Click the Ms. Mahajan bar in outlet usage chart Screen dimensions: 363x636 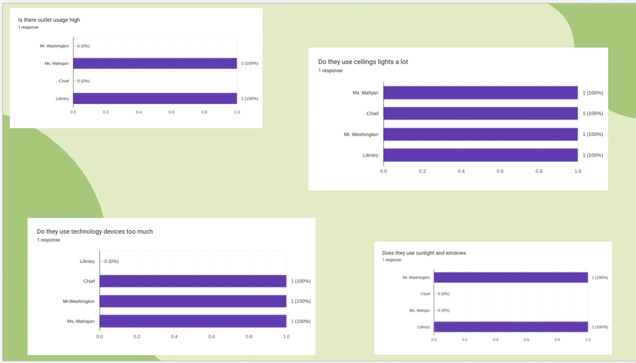pyautogui.click(x=155, y=63)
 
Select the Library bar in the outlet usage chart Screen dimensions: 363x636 pyautogui.click(x=155, y=98)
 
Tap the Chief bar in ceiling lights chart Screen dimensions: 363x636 pyautogui.click(x=480, y=113)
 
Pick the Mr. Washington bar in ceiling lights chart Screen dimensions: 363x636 pyautogui.click(x=480, y=134)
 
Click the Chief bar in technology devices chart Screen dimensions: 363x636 pyautogui.click(x=193, y=281)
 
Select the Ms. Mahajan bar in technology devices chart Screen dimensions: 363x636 pyautogui.click(x=193, y=321)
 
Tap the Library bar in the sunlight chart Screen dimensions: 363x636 pyautogui.click(x=511, y=327)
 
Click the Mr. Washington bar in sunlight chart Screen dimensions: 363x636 pyautogui.click(x=511, y=277)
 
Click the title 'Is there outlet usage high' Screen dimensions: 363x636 pyautogui.click(x=49, y=20)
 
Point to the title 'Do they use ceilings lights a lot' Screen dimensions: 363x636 pyautogui.click(x=363, y=62)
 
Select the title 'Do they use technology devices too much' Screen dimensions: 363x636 pyautogui.click(x=95, y=232)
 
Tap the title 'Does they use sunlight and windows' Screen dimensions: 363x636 pyautogui.click(x=424, y=253)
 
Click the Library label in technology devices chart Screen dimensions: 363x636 pyautogui.click(x=87, y=261)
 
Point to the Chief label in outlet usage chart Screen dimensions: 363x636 pyautogui.click(x=64, y=81)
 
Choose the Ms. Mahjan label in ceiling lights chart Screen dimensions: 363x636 pyautogui.click(x=365, y=93)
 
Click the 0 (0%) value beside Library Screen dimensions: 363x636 pyautogui.click(x=111, y=261)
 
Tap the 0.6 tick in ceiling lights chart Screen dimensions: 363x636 pyautogui.click(x=500, y=171)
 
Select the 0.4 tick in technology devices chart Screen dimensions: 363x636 pyautogui.click(x=174, y=336)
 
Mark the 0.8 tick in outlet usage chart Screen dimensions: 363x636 pyautogui.click(x=204, y=112)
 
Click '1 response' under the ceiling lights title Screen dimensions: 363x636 pyautogui.click(x=330, y=70)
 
